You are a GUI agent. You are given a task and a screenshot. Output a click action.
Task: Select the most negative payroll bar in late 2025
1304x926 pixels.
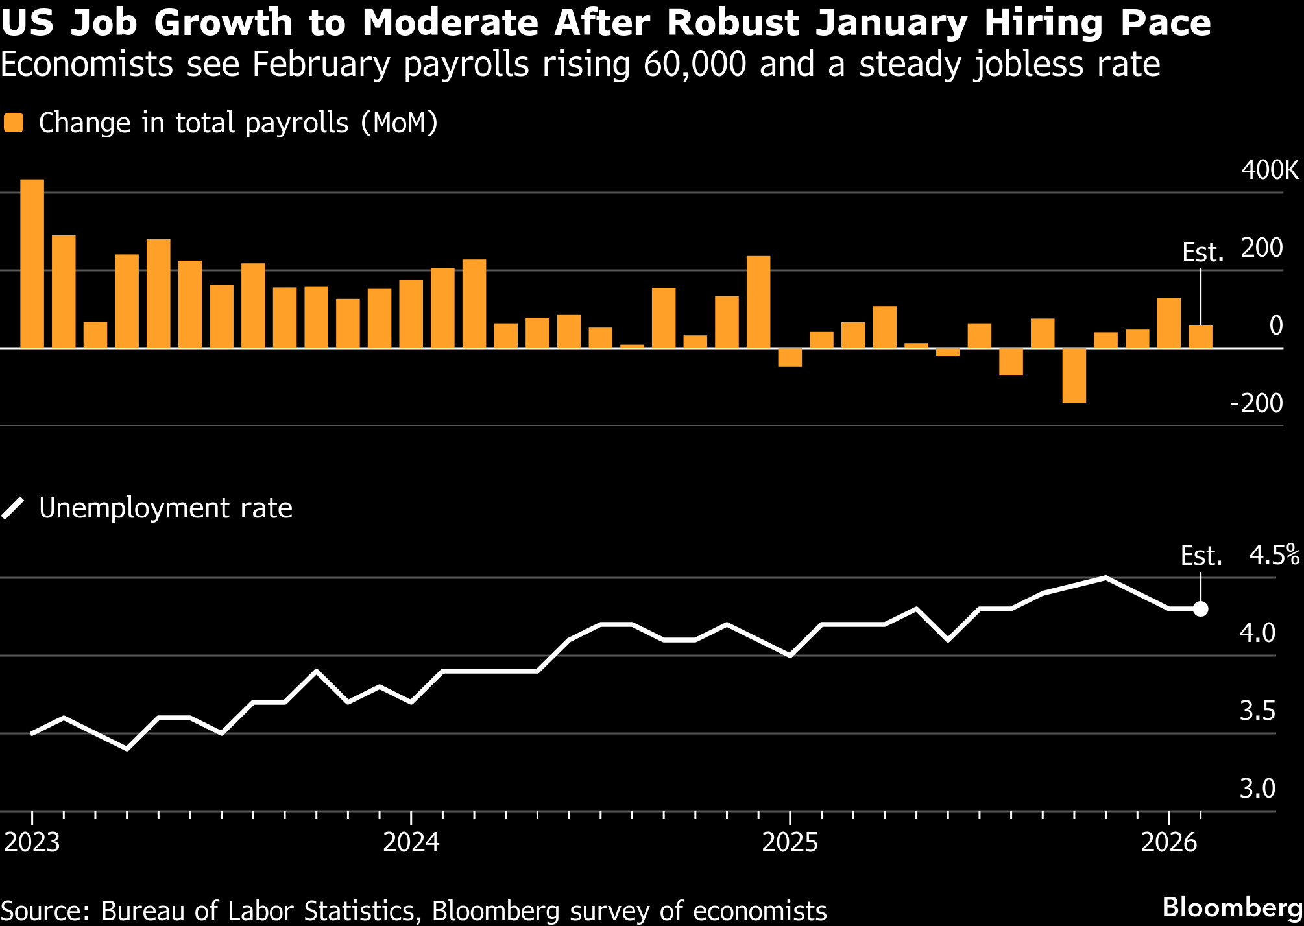(x=1074, y=375)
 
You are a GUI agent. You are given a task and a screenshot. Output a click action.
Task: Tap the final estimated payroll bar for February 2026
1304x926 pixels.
(x=1200, y=337)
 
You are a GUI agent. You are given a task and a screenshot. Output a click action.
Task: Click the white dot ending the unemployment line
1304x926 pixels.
(x=1200, y=609)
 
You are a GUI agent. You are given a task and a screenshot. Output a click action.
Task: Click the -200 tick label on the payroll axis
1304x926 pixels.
(x=1257, y=403)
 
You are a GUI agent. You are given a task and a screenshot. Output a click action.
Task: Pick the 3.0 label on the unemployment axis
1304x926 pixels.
(x=1257, y=789)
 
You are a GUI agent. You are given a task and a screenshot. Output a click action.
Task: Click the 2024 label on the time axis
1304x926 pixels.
(x=411, y=842)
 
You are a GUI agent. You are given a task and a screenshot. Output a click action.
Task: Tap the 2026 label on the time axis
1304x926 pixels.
(x=1169, y=842)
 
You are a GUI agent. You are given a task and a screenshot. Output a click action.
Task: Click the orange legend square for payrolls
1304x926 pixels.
(x=14, y=123)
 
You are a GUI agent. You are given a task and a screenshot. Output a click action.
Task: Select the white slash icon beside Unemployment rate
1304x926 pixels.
(x=13, y=508)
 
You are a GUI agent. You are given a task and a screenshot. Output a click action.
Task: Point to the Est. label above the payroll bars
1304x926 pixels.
(x=1203, y=252)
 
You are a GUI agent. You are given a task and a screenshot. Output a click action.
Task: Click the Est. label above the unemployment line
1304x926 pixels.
(x=1201, y=556)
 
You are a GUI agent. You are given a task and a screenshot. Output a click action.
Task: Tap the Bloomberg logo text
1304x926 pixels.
(x=1233, y=907)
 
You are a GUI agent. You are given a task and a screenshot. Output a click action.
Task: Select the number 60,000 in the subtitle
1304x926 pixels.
(x=695, y=64)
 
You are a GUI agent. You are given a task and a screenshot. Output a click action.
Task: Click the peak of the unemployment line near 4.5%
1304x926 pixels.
(x=1105, y=577)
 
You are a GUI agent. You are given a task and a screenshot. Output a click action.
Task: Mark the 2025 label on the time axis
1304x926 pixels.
(x=790, y=842)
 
